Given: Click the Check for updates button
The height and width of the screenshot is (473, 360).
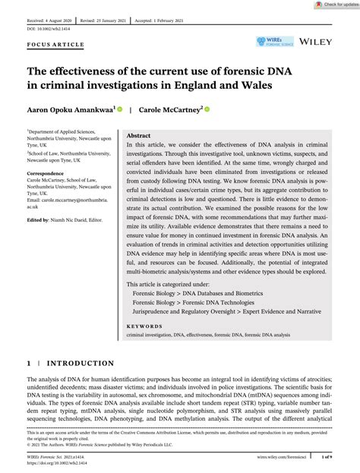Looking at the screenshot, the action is [x=335, y=5].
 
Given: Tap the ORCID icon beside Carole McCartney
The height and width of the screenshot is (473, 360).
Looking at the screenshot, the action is [x=207, y=109].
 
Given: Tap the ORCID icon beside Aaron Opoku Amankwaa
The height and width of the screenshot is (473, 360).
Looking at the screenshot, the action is [x=120, y=109].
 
